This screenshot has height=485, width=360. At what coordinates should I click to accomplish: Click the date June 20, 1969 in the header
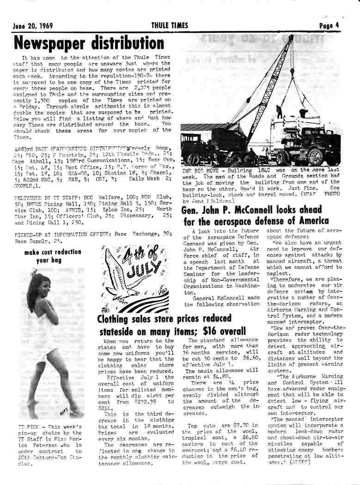32,25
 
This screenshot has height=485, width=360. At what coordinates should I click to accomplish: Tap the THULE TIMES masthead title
170,25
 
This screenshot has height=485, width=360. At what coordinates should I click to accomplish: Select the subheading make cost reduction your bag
52,256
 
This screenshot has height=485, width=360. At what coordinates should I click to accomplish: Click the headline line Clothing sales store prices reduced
164,319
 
